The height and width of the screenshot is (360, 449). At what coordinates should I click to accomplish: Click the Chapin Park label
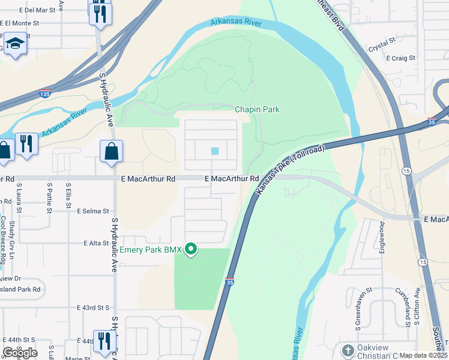257,109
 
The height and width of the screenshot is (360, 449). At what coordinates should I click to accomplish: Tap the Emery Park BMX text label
150,250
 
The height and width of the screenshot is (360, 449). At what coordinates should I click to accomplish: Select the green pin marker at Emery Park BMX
191,248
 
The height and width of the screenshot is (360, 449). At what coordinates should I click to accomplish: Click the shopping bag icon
112,152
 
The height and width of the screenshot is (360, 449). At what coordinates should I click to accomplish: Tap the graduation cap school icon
14,45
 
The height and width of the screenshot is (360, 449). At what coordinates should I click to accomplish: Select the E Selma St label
93,211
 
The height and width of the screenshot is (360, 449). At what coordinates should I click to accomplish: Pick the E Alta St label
96,243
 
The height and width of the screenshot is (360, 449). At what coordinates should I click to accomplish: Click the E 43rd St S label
94,307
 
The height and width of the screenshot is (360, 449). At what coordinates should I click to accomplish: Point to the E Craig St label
400,58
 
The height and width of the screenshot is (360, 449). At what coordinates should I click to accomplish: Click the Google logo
20,352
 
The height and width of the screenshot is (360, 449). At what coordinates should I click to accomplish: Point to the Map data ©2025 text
424,355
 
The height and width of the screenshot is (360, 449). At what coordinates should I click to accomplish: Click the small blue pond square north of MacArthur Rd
215,151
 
